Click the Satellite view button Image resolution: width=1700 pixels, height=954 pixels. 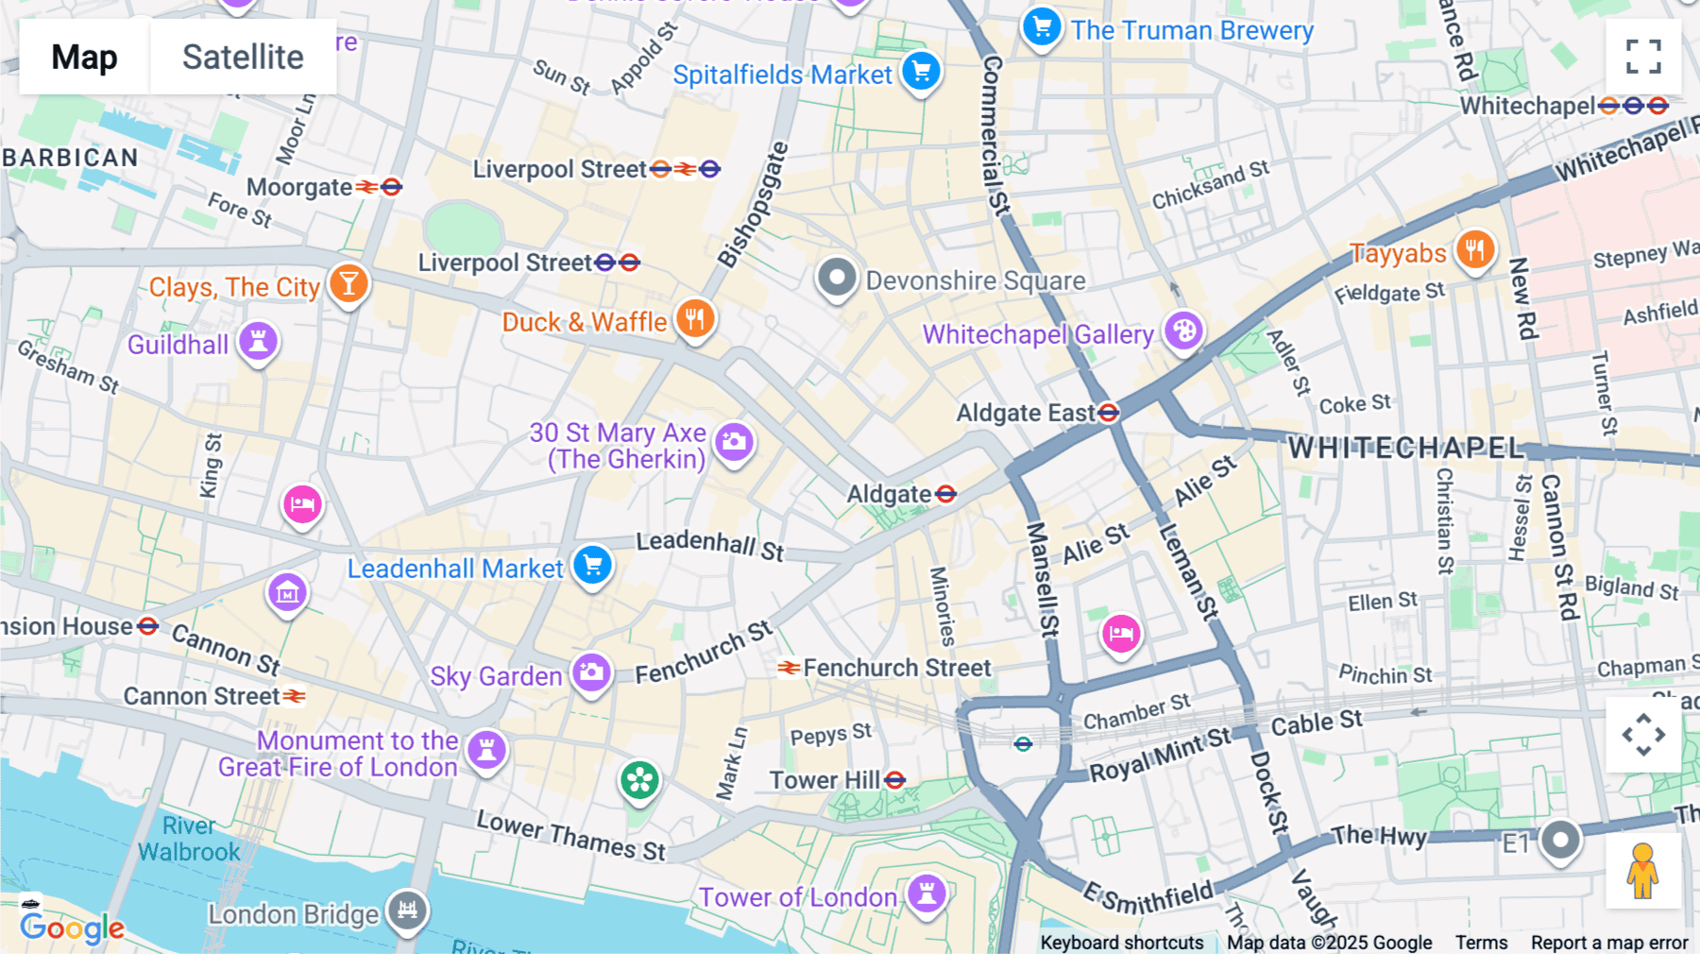[x=243, y=57]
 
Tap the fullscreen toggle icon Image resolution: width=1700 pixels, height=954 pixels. [x=1643, y=57]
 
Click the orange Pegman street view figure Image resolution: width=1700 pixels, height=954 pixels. [x=1642, y=871]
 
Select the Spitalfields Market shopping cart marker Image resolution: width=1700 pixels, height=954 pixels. [x=921, y=71]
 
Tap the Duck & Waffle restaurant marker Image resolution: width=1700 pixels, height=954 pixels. [x=695, y=319]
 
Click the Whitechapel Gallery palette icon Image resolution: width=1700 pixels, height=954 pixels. [x=1183, y=332]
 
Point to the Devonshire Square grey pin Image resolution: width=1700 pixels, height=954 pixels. [x=836, y=278]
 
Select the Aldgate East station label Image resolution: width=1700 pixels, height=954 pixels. [x=1025, y=413]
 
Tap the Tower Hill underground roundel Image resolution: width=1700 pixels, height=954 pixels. [x=895, y=780]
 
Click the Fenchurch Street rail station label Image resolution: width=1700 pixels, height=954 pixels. [x=896, y=668]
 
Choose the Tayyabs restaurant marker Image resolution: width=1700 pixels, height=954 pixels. [x=1474, y=250]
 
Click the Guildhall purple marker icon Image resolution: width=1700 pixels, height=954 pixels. [x=258, y=341]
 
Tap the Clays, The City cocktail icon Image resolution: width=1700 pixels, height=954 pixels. [x=348, y=283]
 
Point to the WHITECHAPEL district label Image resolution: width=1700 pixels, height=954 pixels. [x=1406, y=448]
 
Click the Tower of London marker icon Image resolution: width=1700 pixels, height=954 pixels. [x=926, y=893]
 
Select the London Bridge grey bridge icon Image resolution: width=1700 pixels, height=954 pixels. [x=407, y=911]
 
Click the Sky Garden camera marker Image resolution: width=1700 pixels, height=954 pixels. [x=591, y=673]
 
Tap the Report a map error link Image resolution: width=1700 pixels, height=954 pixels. [x=1608, y=943]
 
